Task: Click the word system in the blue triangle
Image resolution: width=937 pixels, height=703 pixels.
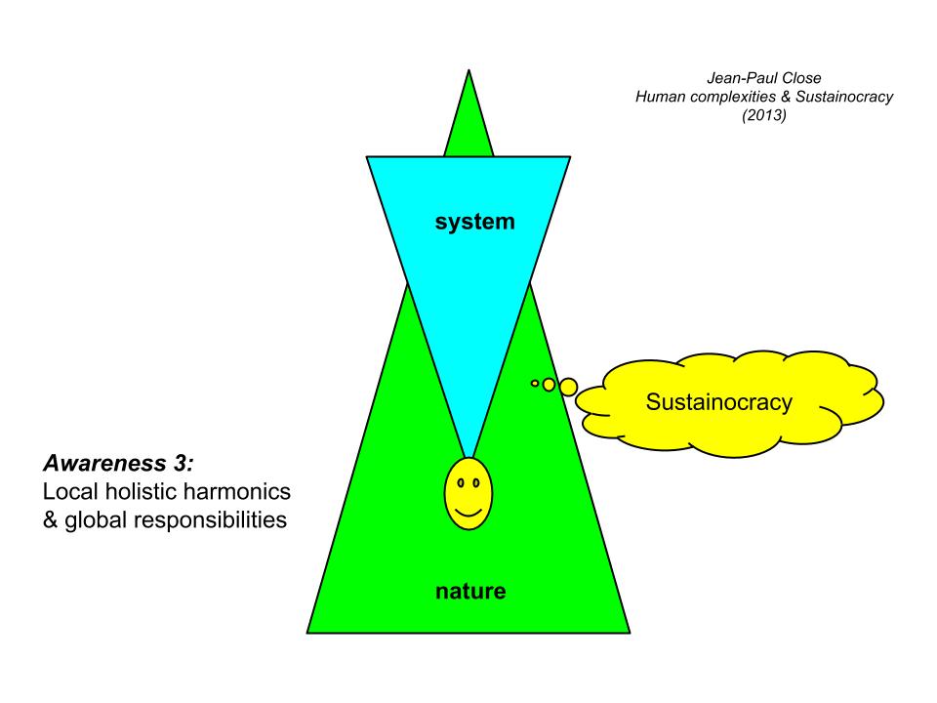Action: click(474, 223)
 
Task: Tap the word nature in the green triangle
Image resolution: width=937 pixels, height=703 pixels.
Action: click(470, 591)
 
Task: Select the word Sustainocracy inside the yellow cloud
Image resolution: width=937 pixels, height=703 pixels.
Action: click(719, 401)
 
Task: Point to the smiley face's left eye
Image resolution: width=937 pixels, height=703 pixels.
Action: click(461, 482)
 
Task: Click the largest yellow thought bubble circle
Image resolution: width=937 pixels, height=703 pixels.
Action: click(568, 387)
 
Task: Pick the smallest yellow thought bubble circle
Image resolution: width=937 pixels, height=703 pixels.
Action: click(535, 383)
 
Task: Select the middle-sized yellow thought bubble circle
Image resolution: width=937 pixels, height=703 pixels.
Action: click(549, 385)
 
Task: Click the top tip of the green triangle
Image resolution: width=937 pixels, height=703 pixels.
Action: click(469, 71)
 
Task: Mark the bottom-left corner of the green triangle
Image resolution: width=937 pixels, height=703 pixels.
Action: click(308, 632)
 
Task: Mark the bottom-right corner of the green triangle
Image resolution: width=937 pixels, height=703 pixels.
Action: click(630, 632)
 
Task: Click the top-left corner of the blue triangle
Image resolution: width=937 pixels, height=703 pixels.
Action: click(368, 157)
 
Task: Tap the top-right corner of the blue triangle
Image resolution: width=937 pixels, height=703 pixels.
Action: click(570, 157)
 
